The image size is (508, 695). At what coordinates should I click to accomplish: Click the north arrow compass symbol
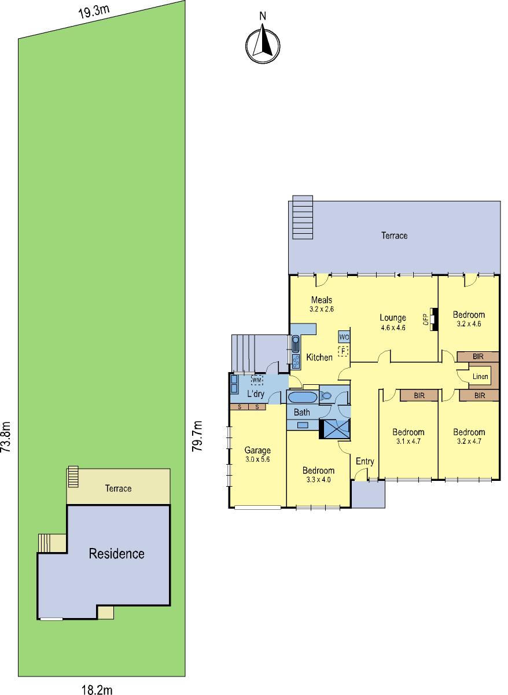point(263,45)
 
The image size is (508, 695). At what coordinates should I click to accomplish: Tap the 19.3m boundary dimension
point(94,13)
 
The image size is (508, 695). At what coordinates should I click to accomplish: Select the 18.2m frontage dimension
point(97,689)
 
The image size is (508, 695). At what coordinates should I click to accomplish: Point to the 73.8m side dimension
point(6,436)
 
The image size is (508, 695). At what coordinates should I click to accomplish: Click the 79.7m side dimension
point(197,436)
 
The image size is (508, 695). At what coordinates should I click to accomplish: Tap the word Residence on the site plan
point(117,554)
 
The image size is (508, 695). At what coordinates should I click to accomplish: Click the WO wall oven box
point(344,337)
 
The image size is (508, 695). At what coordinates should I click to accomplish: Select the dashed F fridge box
point(343,351)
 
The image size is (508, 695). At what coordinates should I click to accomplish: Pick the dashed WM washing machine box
point(257,380)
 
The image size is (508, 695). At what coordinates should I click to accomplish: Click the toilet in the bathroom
point(326,396)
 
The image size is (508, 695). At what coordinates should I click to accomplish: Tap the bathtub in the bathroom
point(302,398)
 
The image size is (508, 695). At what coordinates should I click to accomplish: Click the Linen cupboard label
point(480,377)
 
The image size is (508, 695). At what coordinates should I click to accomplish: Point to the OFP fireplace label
point(425,319)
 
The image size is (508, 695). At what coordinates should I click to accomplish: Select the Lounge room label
point(393,317)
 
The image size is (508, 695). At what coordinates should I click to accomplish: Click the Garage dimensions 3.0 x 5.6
point(257,459)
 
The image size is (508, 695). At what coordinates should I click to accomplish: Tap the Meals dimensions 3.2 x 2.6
point(322,309)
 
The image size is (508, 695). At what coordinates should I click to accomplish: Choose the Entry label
point(365,462)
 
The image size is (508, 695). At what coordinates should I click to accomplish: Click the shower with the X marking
point(334,429)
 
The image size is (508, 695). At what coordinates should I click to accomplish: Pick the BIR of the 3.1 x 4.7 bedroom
point(419,396)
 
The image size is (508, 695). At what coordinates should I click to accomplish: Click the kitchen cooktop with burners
point(296,361)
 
